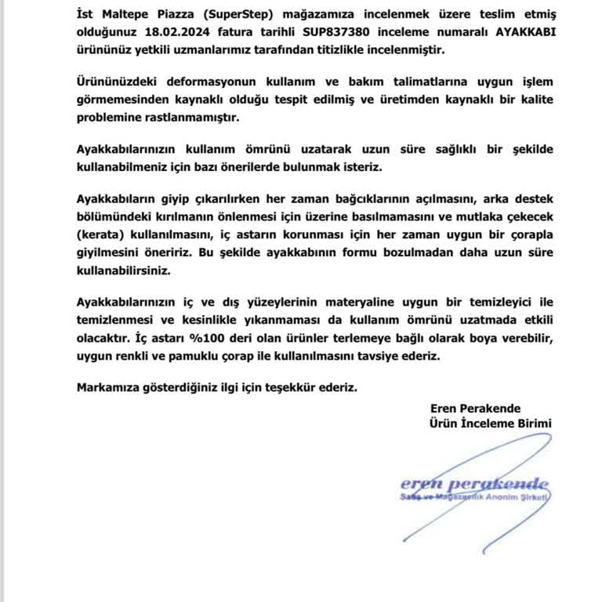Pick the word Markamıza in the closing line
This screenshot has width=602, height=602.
tap(109, 387)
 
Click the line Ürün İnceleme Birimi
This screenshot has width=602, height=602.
tap(491, 423)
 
